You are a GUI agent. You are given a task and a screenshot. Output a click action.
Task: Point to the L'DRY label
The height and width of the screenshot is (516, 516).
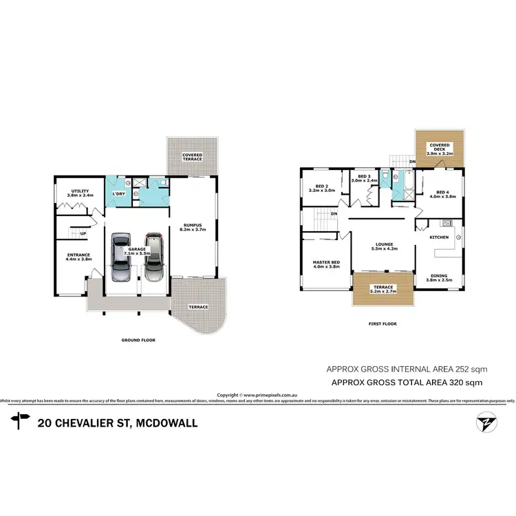[x=118, y=194]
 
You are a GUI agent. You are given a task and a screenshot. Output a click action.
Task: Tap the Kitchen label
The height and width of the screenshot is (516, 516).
[x=439, y=237]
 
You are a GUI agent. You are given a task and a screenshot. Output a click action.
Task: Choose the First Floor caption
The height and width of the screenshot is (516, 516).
[x=383, y=323]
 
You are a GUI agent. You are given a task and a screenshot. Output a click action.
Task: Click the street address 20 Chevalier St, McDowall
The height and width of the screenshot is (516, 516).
[x=118, y=422]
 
